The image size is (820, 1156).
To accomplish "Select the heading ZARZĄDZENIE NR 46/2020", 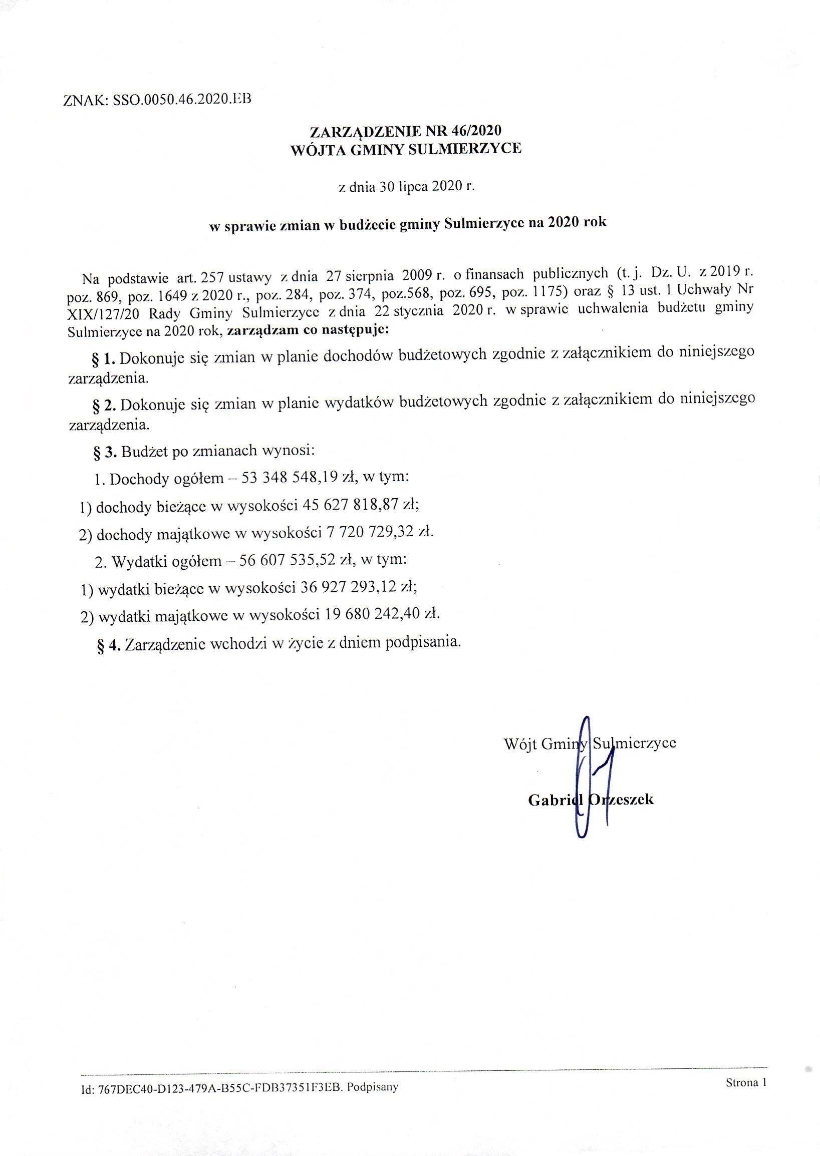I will [405, 132].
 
